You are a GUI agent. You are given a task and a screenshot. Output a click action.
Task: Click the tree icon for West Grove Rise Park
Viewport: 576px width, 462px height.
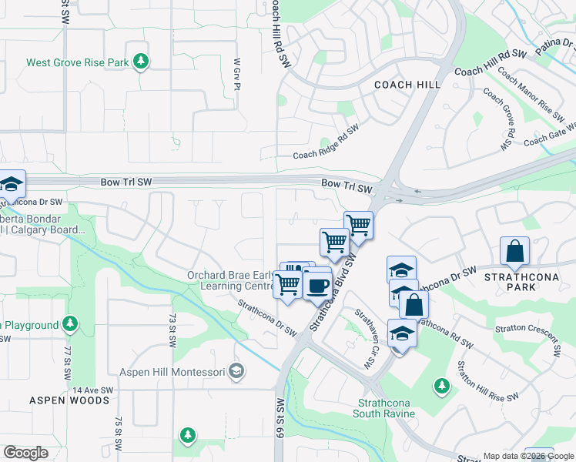141,61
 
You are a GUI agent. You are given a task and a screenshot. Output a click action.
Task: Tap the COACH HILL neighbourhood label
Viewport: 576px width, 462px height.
407,85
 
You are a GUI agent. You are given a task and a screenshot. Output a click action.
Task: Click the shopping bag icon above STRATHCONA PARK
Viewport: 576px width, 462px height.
514,251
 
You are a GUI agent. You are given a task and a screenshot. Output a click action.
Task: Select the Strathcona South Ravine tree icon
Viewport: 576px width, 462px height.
441,384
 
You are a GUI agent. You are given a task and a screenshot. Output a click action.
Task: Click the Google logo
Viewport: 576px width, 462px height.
25,453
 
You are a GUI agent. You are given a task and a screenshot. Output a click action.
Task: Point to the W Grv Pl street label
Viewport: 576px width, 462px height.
237,74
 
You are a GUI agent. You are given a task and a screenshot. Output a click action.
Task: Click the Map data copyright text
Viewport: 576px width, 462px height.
529,456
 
